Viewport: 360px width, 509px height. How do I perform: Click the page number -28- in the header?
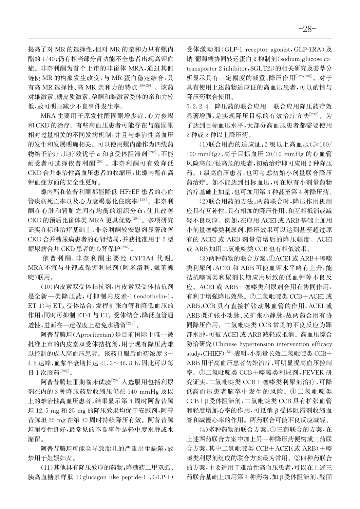(x=307, y=29)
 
